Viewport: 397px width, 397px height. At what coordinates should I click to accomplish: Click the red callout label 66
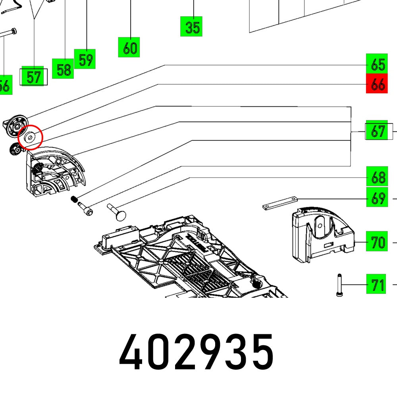click(x=376, y=84)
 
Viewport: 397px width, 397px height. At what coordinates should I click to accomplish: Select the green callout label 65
click(x=376, y=64)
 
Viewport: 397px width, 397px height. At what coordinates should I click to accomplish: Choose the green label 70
click(x=376, y=241)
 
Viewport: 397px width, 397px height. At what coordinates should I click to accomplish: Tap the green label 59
click(x=85, y=59)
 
